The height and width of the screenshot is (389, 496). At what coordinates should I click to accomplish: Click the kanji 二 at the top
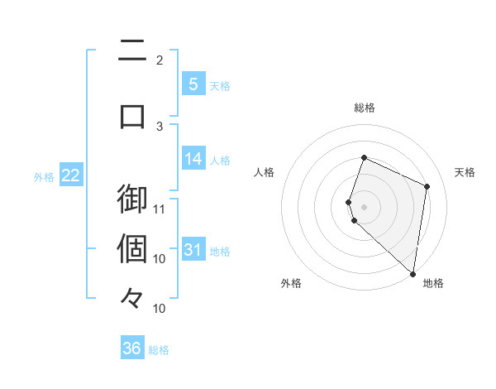(132, 51)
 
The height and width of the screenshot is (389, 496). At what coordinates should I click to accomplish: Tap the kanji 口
(132, 115)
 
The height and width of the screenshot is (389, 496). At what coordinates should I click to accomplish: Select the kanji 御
(132, 199)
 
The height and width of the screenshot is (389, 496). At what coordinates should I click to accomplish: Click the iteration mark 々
(132, 298)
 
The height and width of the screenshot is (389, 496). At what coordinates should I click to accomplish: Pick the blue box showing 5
(193, 84)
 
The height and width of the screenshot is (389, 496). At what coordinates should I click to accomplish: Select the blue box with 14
(193, 159)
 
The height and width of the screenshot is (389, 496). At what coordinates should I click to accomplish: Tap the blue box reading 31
(193, 250)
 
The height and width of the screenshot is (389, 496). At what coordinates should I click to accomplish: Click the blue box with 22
(70, 175)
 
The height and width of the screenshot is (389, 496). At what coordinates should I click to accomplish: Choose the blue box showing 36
(132, 348)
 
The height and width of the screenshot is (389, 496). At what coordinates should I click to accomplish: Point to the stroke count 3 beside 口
(160, 126)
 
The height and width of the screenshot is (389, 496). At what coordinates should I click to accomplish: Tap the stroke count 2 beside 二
(160, 60)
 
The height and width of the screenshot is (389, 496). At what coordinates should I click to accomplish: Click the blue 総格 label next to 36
(159, 350)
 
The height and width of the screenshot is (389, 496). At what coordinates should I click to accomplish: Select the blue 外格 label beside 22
(44, 176)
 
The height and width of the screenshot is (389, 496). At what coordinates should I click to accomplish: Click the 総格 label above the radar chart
(364, 108)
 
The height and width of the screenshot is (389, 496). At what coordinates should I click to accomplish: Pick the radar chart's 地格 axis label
(433, 283)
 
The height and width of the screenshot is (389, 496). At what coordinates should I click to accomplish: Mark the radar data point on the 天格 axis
(427, 186)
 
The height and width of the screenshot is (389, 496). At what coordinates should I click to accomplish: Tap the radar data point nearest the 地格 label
(413, 274)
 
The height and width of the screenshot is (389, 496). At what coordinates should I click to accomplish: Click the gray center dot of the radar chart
(364, 206)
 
